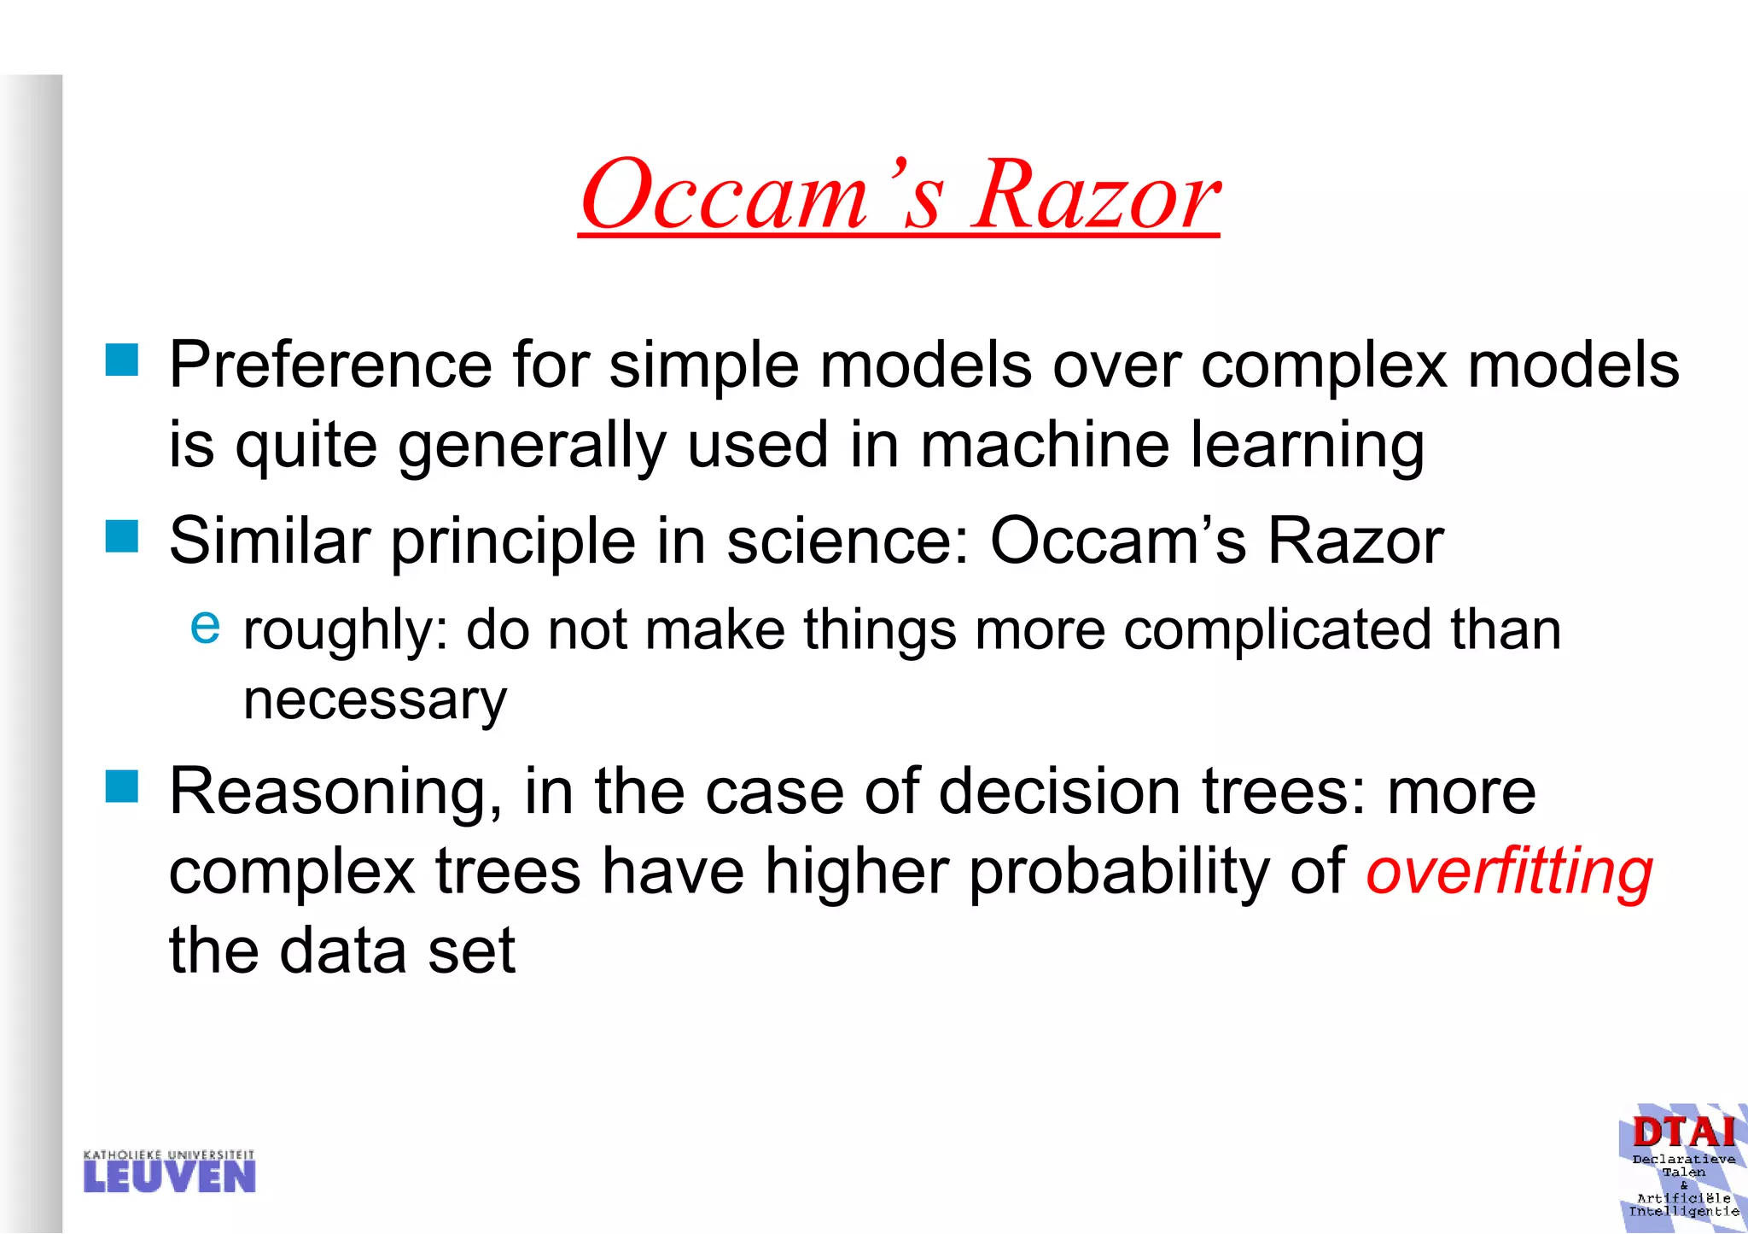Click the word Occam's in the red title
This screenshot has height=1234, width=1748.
[x=762, y=196]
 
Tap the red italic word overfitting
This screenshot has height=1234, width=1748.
[x=1509, y=873]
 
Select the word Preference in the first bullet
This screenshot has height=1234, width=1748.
[x=330, y=366]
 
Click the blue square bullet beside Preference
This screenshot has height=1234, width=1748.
[x=122, y=360]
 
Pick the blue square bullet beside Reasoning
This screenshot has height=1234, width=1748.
[x=122, y=787]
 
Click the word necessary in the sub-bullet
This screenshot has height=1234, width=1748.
[x=375, y=700]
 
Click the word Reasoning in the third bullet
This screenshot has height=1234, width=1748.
[x=335, y=793]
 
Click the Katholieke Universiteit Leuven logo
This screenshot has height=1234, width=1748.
[x=169, y=1172]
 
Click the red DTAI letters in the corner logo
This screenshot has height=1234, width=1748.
[x=1683, y=1132]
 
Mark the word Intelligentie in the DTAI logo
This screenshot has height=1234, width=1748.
[x=1683, y=1211]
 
